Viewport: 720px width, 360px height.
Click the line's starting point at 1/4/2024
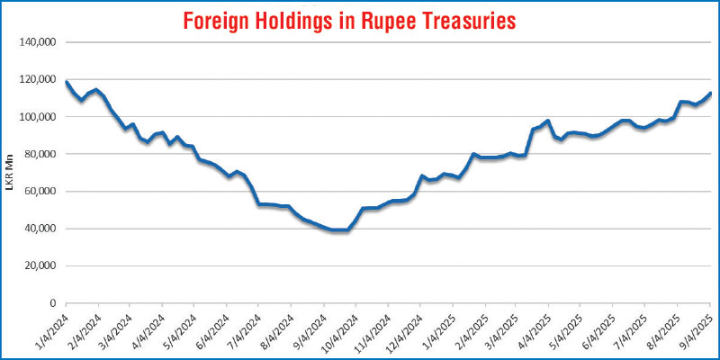point(67,82)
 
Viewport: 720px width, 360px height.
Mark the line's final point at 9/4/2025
point(711,93)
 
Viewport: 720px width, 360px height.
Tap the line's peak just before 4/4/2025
point(548,121)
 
